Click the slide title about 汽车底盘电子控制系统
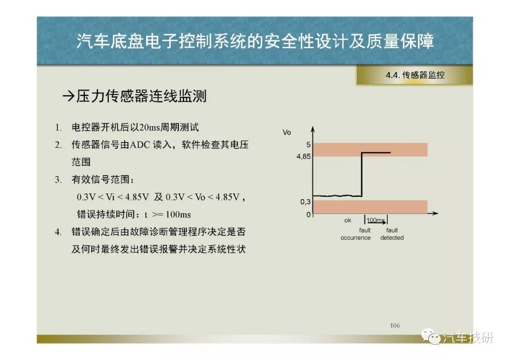coord(255,41)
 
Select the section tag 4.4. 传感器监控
coord(415,75)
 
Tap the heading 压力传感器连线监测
coord(141,96)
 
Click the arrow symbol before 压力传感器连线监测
coord(68,96)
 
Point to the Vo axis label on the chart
coord(287,132)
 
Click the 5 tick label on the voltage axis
coord(308,144)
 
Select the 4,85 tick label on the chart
coord(304,157)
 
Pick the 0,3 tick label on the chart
coord(306,202)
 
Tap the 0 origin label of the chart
coord(308,214)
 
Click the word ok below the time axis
coord(348,220)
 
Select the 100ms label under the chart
coord(376,220)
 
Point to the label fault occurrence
coord(356,234)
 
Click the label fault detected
coord(392,234)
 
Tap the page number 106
coord(395,325)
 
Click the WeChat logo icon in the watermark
coord(431,336)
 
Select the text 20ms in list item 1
coord(150,127)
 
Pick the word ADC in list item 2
coord(140,144)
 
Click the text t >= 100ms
coord(168,214)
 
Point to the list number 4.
coord(58,232)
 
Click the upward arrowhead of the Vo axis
coord(313,128)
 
